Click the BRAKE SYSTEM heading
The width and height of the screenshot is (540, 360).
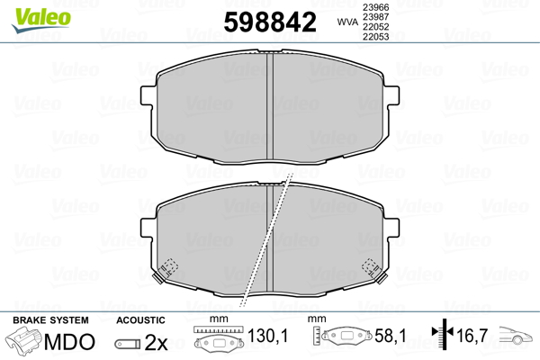pos(50,319)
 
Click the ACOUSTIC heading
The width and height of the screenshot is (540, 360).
pos(141,319)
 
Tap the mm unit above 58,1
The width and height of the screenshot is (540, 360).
pos(315,319)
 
